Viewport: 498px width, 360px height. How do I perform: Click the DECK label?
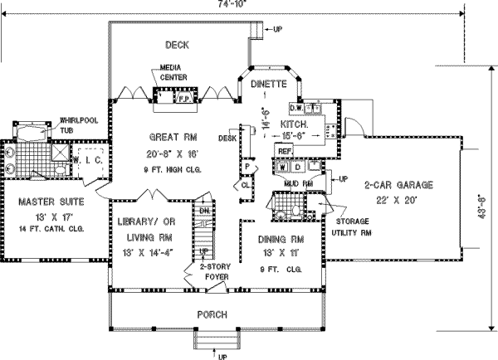pos(178,45)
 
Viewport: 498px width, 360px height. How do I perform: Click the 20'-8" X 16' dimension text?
pos(173,153)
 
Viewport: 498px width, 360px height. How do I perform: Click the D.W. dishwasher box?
pos(295,107)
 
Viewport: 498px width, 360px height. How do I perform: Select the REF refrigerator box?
pos(284,152)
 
